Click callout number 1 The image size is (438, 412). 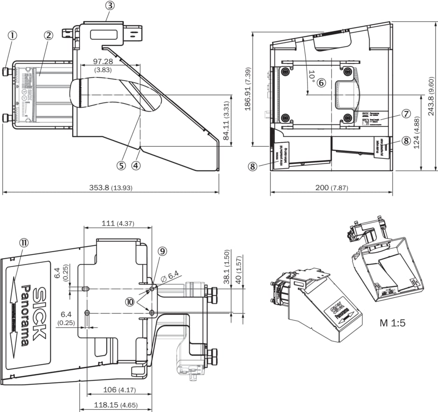pos(13,35)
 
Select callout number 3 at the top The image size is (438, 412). pos(109,6)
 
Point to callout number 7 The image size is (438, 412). pos(405,113)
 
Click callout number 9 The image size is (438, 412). pos(162,251)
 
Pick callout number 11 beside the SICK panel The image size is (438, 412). pos(24,242)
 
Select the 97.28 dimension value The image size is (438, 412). pos(103,62)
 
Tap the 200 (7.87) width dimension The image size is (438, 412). pos(332,187)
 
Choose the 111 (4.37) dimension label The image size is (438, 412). pos(118,223)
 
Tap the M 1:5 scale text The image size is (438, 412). pos(392,323)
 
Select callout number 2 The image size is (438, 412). pos(48,35)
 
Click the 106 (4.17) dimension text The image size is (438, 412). pos(119,390)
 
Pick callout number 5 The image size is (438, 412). pos(122,165)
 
